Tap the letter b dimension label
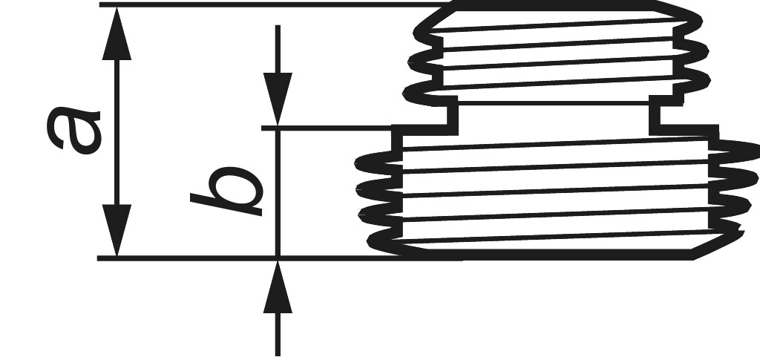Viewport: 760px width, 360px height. click(227, 192)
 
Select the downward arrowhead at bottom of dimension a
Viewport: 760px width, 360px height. click(117, 230)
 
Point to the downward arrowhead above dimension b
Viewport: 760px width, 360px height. click(278, 99)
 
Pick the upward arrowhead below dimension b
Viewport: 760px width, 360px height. click(278, 287)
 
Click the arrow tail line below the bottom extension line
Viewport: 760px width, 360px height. click(278, 334)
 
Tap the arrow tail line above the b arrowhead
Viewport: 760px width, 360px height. click(278, 49)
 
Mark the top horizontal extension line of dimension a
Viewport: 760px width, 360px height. click(276, 4)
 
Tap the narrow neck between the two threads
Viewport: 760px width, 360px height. click(554, 115)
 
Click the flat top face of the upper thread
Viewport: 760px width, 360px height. click(554, 5)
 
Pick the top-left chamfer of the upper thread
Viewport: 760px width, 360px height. click(434, 18)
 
